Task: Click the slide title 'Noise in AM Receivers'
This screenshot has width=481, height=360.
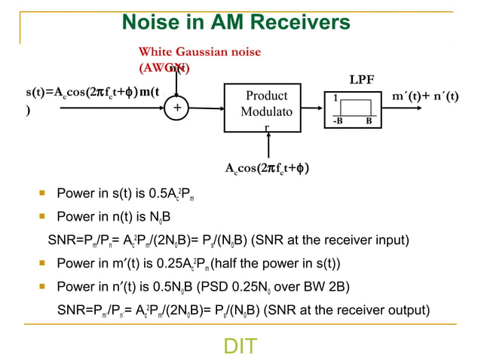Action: tap(236, 22)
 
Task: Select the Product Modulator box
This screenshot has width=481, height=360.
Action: tap(268, 110)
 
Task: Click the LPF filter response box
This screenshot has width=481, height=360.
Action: tap(351, 110)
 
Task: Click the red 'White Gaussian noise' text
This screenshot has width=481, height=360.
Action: tap(199, 52)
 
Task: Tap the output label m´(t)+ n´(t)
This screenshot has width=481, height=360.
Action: tap(425, 96)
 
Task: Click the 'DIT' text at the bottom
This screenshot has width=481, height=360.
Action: tap(240, 346)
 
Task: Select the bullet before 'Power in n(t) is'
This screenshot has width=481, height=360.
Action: tap(44, 218)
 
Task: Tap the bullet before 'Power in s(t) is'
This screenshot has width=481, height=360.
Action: tap(44, 196)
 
